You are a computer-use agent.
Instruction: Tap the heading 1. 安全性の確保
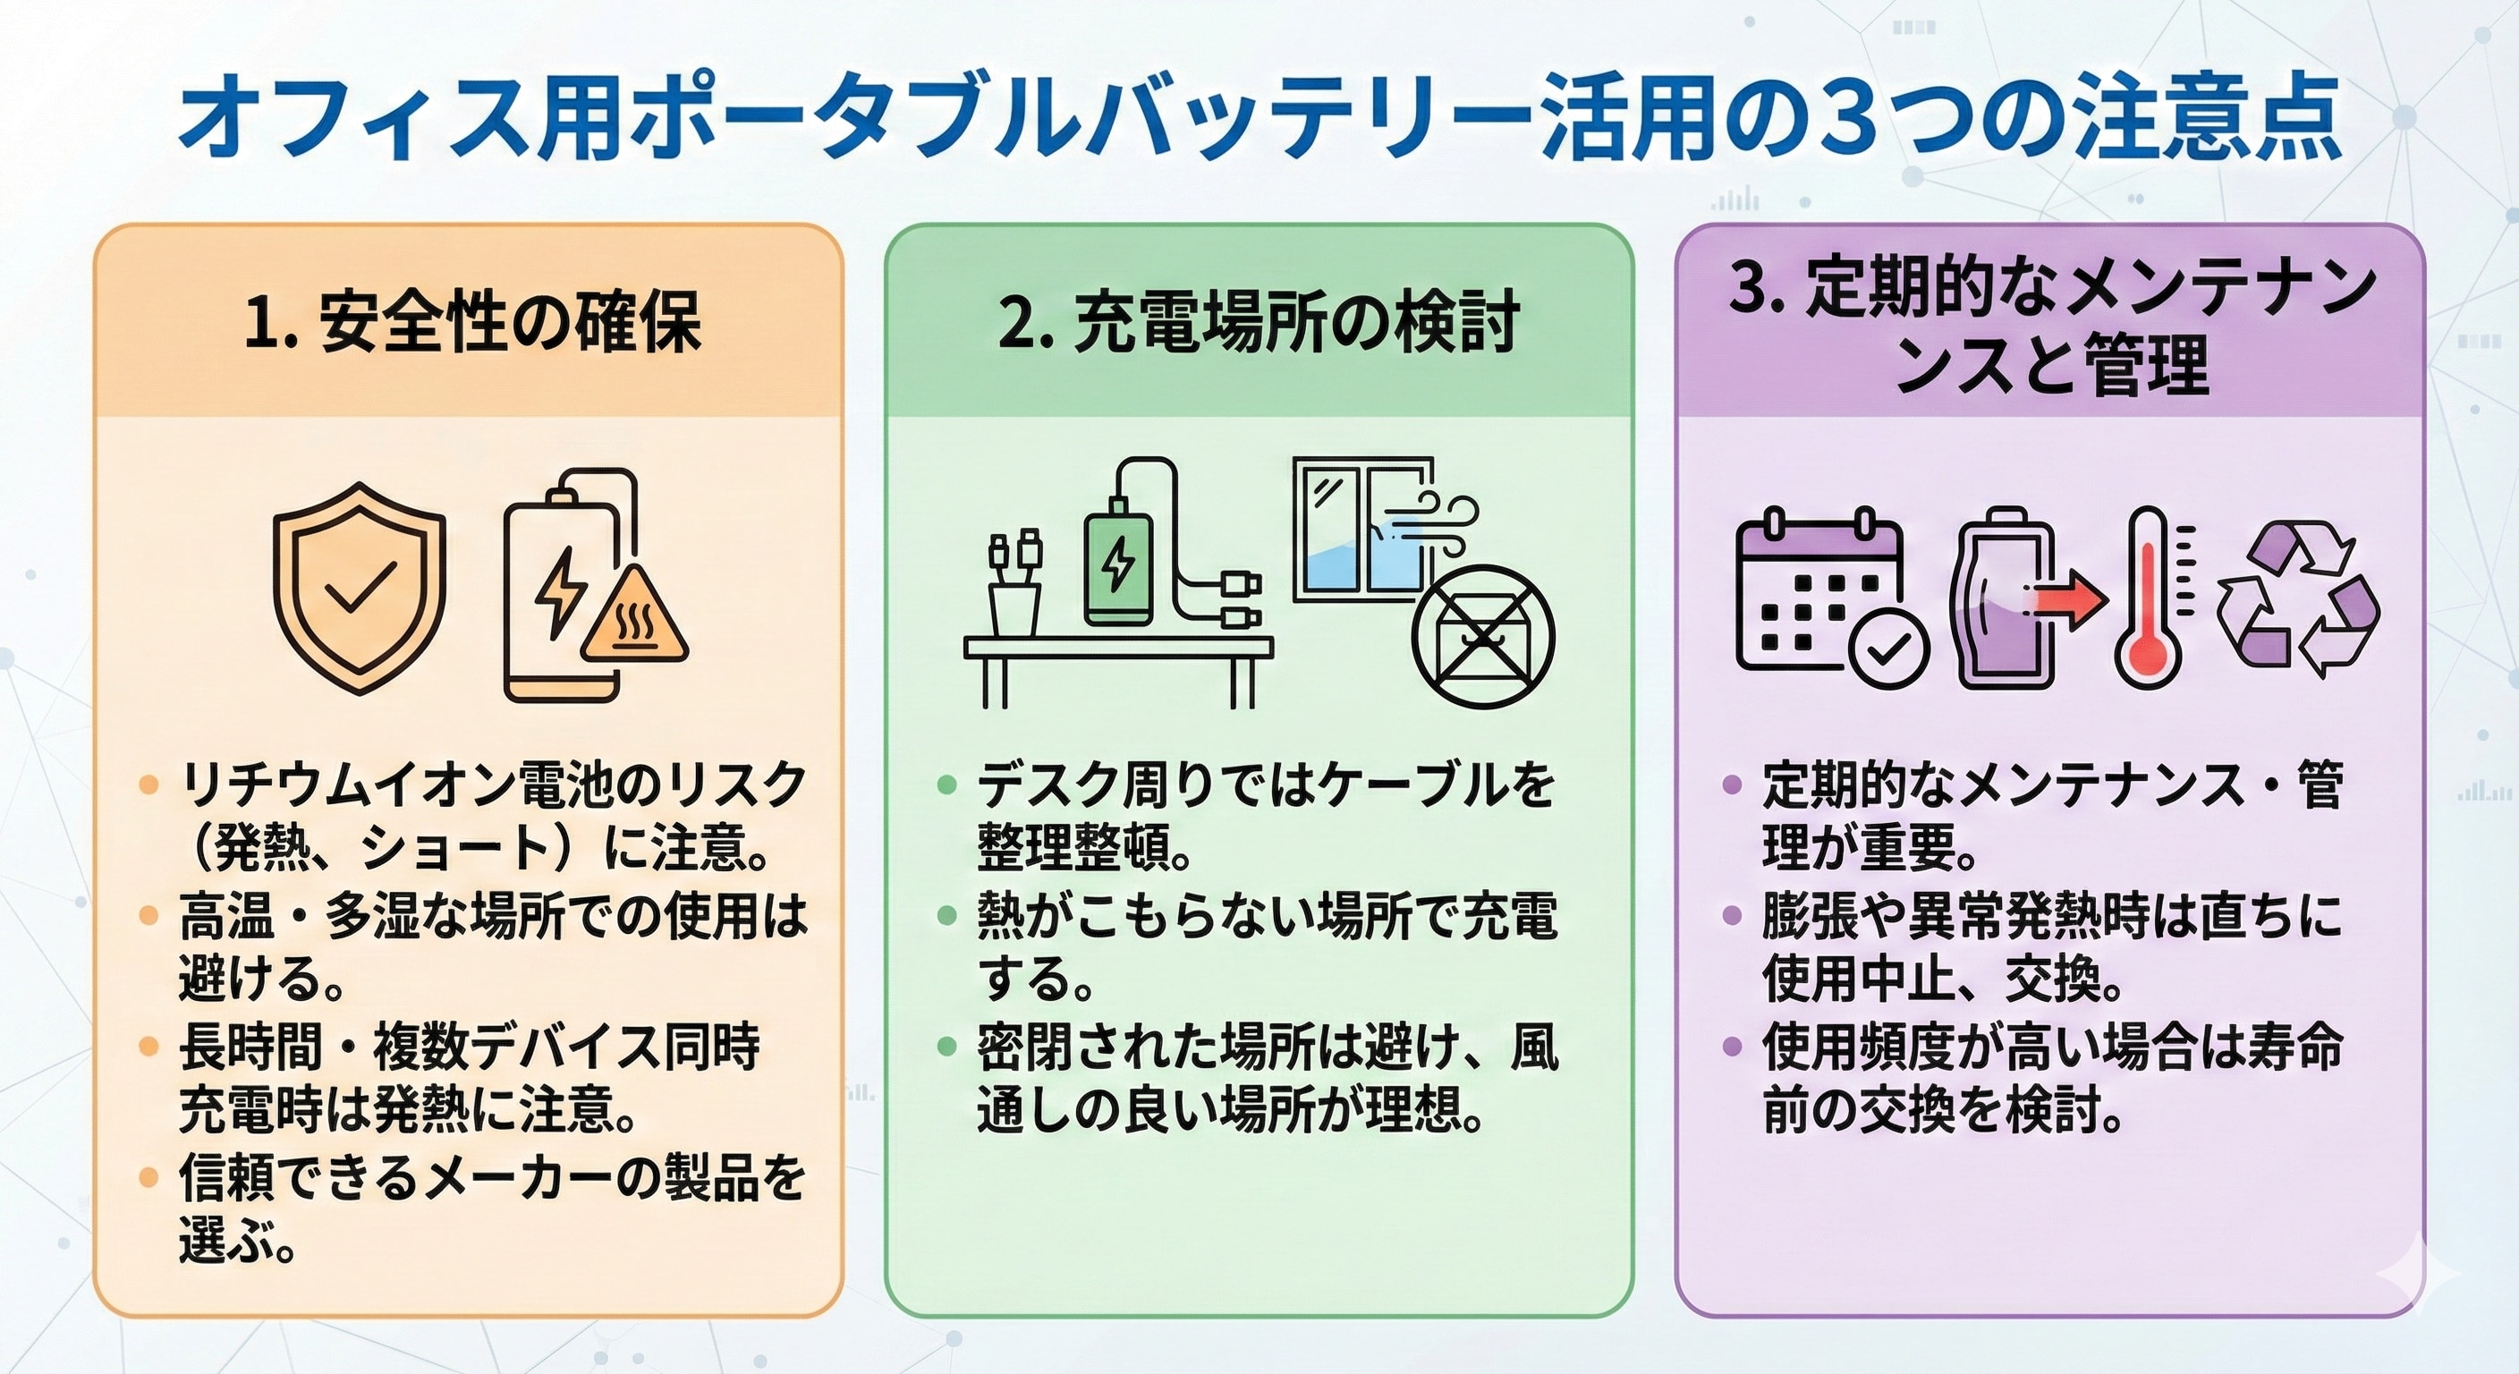(x=472, y=322)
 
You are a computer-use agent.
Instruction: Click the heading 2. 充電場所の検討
(x=1259, y=322)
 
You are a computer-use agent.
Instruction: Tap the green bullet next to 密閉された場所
(x=946, y=1047)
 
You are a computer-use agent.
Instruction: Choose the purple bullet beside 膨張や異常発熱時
(x=1732, y=916)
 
